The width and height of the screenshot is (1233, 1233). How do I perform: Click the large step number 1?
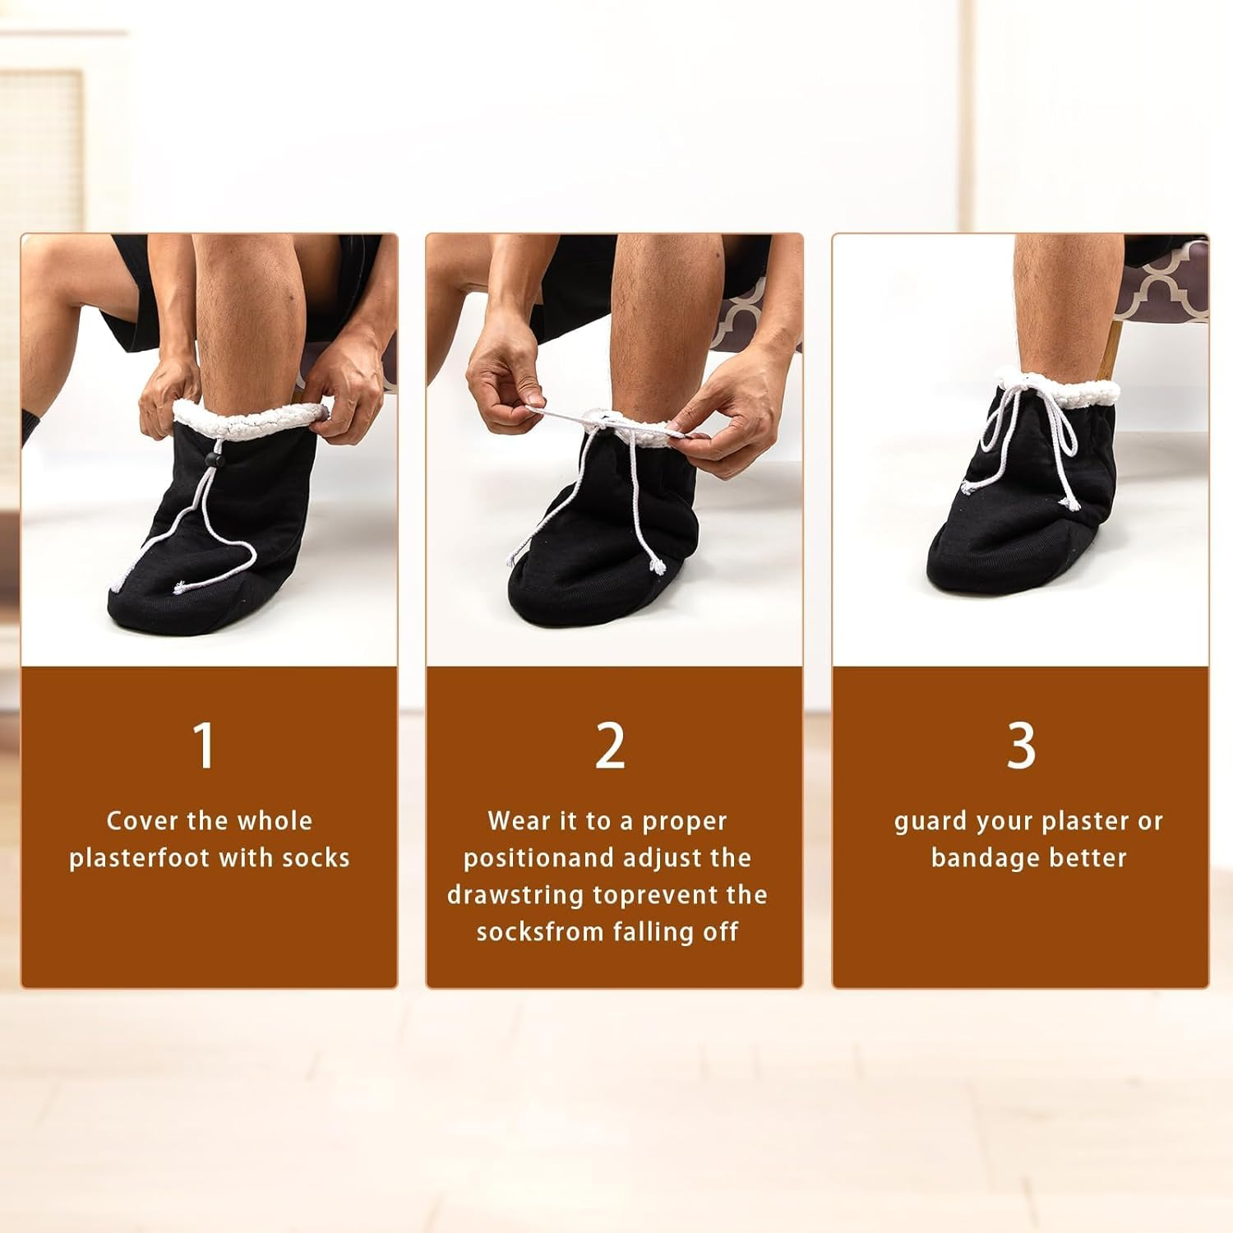(x=204, y=746)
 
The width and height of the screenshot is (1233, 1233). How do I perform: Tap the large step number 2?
(x=610, y=746)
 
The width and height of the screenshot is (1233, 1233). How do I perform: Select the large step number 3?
(x=1021, y=746)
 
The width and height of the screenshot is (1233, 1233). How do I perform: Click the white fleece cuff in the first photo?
(x=247, y=421)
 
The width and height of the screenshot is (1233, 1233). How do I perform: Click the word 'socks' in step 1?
(x=316, y=858)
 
